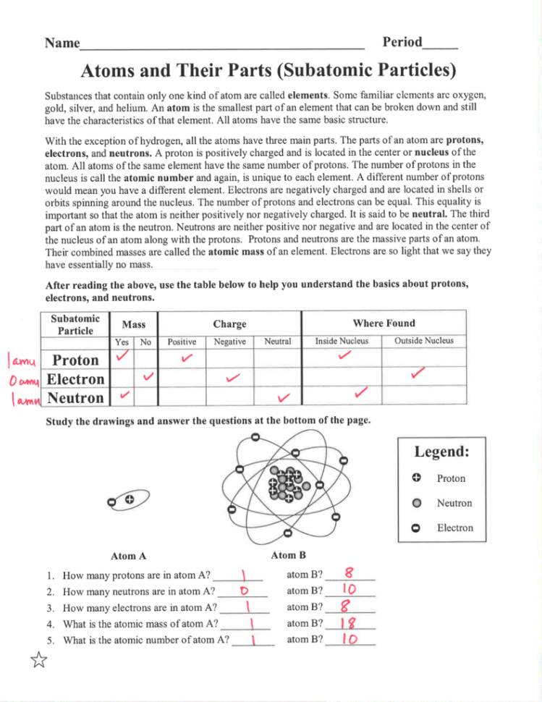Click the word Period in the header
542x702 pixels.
(402, 42)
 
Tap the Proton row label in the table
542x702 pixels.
(76, 360)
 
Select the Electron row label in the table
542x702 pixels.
(75, 379)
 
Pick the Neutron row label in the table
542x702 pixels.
(75, 397)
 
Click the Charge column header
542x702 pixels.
(229, 323)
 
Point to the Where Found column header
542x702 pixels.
(384, 323)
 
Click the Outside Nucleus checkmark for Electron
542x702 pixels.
(418, 373)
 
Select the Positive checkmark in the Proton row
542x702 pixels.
(187, 358)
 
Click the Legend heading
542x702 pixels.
(441, 452)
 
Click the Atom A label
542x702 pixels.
(128, 556)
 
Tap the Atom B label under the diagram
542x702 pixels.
(288, 555)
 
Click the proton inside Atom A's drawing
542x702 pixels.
(129, 500)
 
